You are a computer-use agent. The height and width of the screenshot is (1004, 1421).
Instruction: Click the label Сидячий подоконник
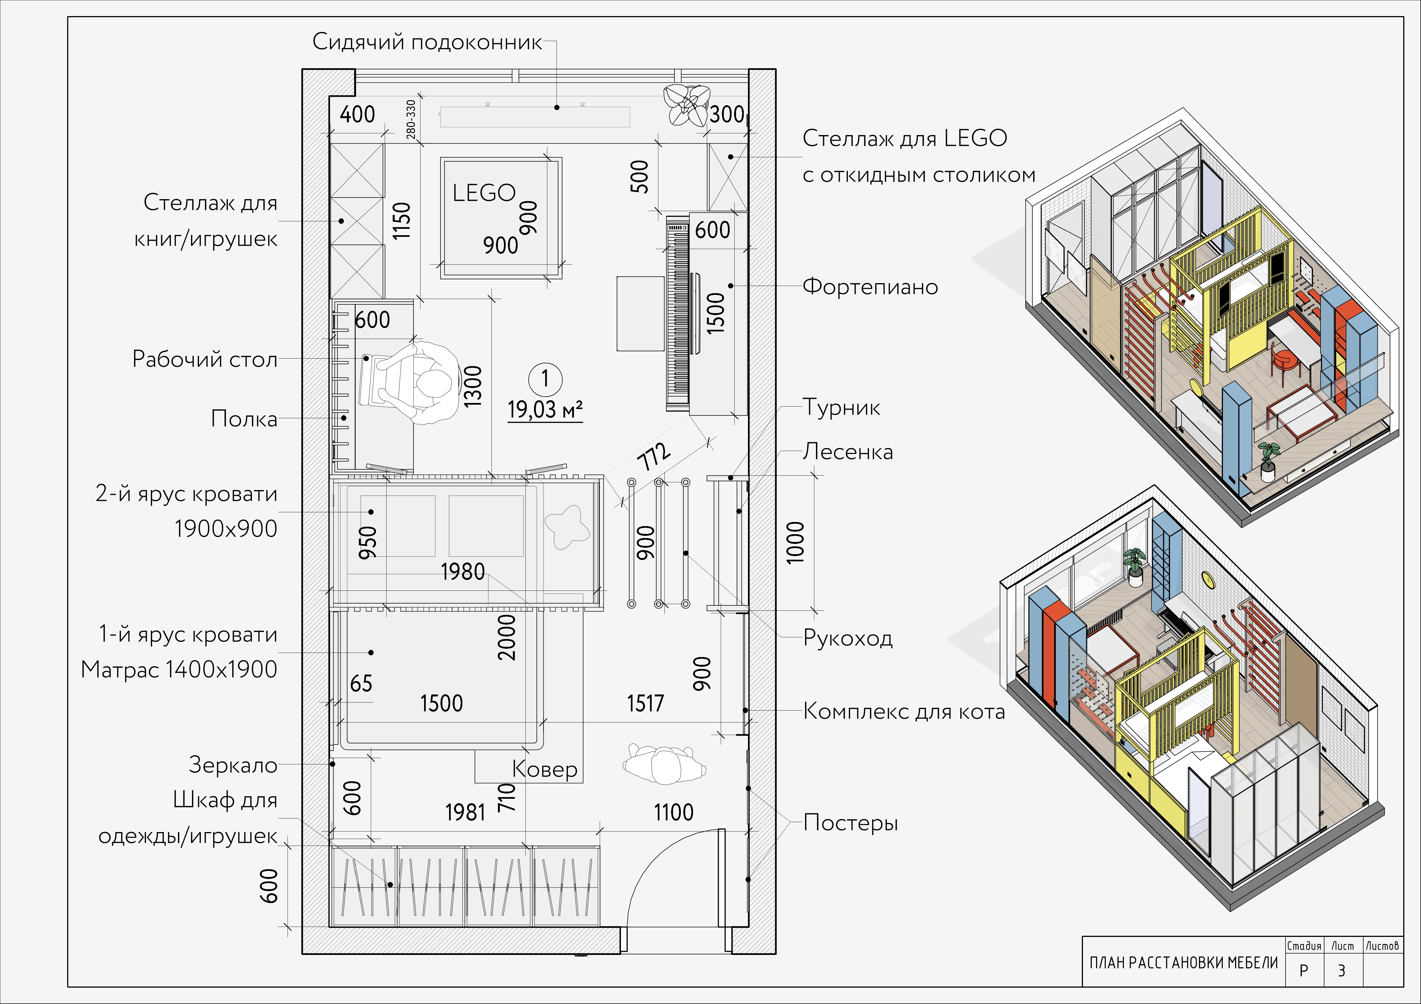pyautogui.click(x=427, y=42)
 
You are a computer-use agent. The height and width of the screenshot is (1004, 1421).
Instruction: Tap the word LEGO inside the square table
pyautogui.click(x=484, y=193)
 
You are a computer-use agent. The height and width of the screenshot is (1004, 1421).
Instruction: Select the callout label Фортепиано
pyautogui.click(x=870, y=287)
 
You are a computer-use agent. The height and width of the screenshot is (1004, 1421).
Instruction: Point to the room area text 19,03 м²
pyautogui.click(x=545, y=410)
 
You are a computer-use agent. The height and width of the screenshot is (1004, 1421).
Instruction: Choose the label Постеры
pyautogui.click(x=850, y=823)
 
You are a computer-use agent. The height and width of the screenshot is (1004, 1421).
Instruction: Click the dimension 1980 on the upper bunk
pyautogui.click(x=463, y=572)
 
